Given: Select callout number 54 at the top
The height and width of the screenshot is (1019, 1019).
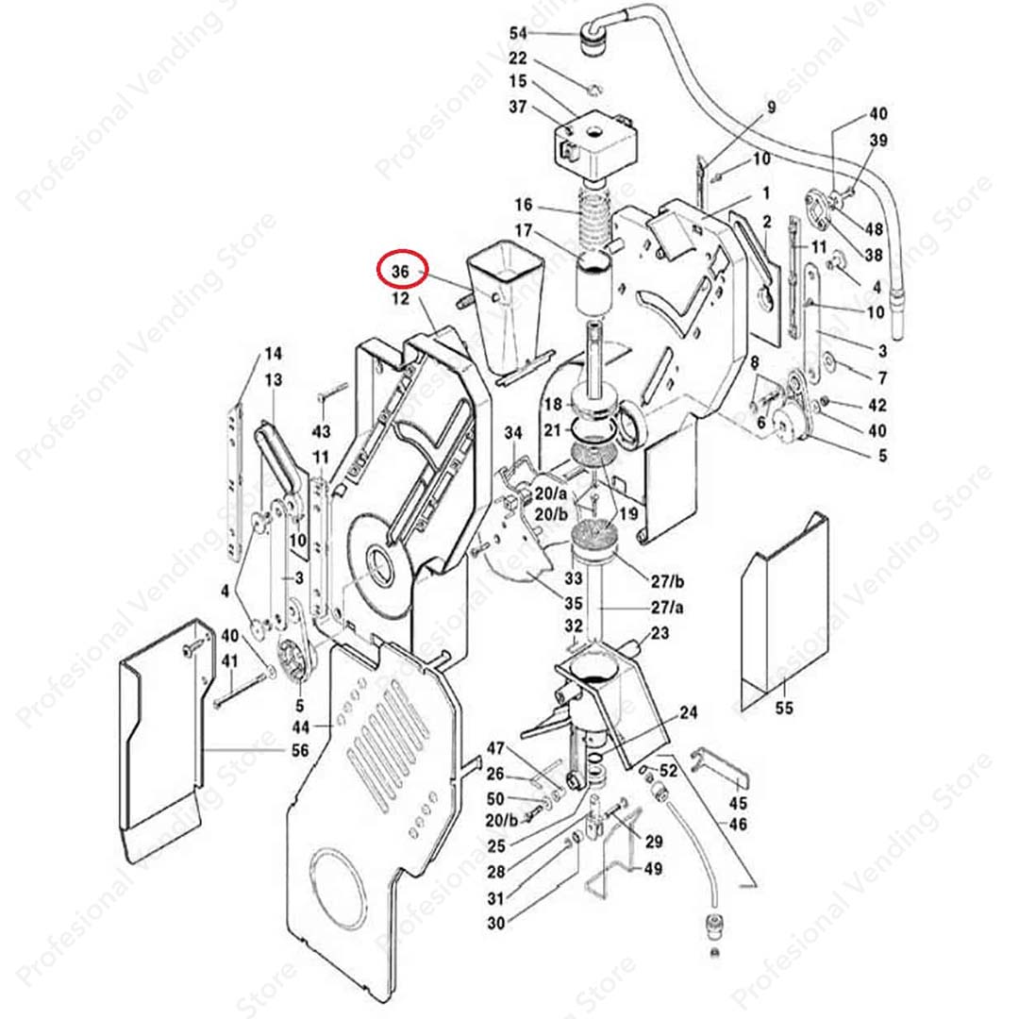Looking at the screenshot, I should [518, 33].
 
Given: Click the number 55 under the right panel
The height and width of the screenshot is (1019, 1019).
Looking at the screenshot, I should [785, 708].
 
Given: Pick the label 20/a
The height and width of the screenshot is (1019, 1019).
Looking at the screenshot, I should [550, 494].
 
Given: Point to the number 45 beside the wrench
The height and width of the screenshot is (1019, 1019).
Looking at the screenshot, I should [739, 804].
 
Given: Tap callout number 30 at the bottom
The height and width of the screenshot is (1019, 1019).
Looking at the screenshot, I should [496, 924].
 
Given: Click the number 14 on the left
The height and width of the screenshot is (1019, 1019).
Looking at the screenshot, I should [273, 355].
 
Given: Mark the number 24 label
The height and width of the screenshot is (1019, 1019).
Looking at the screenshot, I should [689, 713].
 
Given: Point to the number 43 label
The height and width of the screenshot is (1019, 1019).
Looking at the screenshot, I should [322, 431].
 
